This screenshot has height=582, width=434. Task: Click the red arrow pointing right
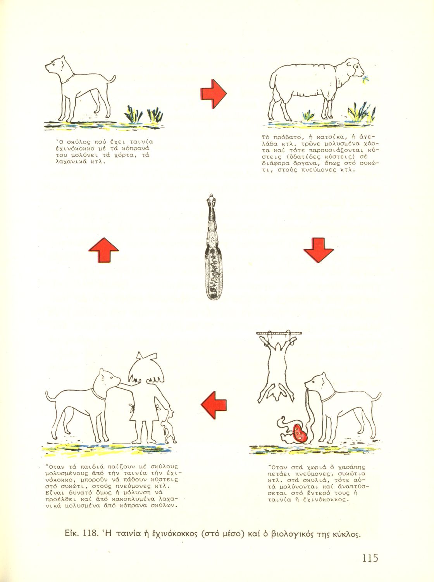[214, 94]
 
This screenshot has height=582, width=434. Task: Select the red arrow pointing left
[214, 405]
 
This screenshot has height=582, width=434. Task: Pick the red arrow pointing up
[104, 250]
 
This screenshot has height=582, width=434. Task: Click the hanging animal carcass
[277, 369]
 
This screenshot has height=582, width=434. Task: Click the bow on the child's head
[146, 356]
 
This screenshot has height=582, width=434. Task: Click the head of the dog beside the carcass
[317, 383]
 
